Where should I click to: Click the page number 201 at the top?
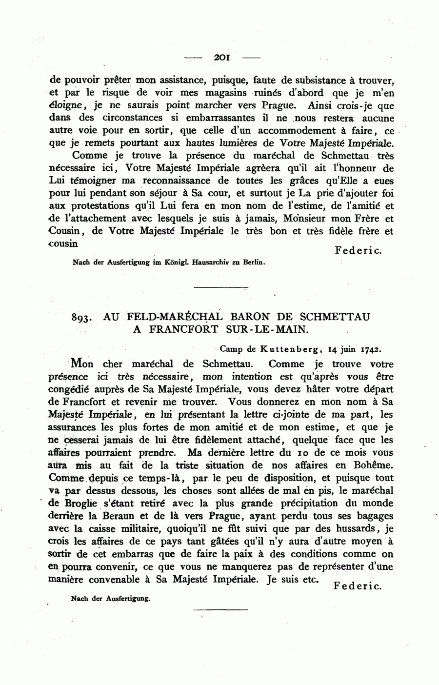[222, 58]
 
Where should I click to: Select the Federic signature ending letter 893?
[358, 586]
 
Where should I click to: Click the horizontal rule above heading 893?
[221, 287]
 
